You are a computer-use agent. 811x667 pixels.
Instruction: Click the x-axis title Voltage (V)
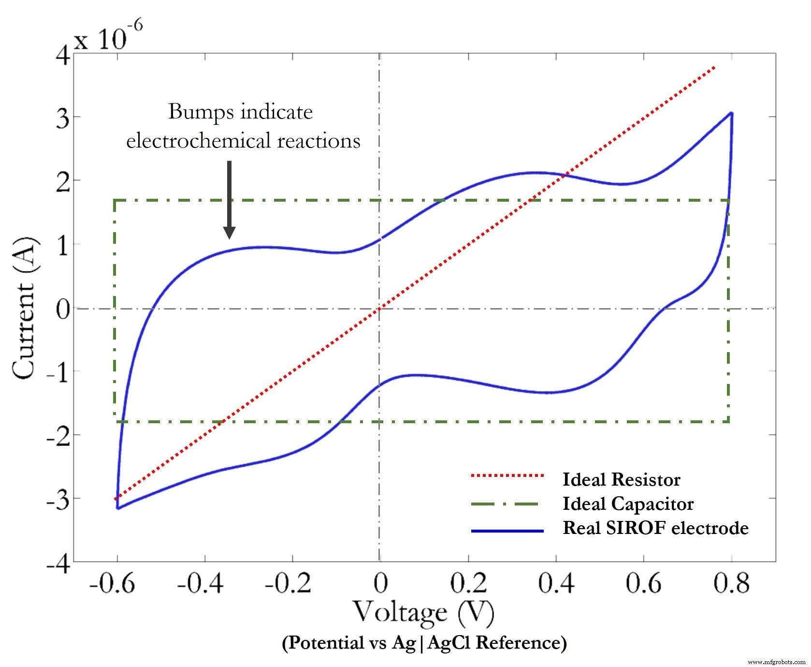click(423, 612)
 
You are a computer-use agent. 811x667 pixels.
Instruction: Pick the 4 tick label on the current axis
click(63, 56)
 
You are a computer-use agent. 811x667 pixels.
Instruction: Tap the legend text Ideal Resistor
click(621, 479)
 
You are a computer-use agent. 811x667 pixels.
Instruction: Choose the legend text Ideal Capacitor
click(628, 504)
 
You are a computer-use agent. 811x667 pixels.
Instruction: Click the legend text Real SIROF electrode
click(655, 528)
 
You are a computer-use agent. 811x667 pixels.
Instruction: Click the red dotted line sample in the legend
click(507, 476)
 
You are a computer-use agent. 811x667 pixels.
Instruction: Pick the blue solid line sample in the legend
click(507, 531)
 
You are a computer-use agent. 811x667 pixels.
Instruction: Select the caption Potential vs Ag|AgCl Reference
click(424, 643)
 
